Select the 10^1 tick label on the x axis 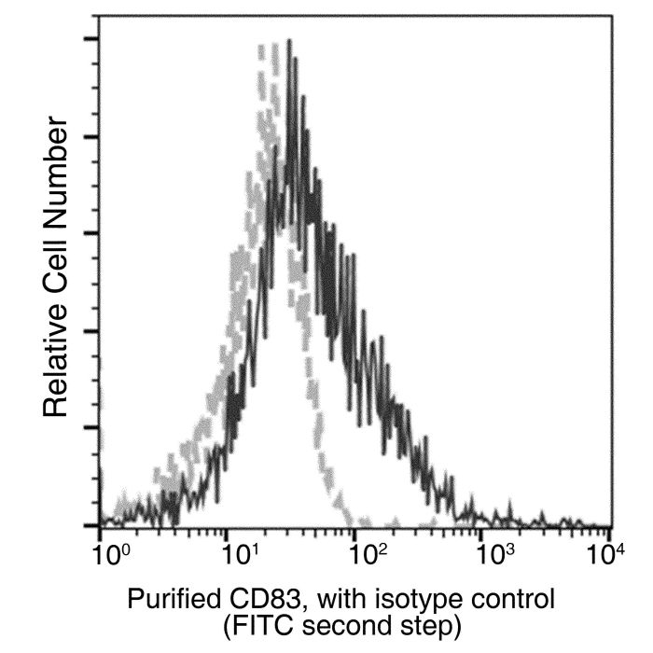(x=241, y=555)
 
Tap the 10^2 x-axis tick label (x=368, y=555)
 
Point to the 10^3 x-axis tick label (x=496, y=555)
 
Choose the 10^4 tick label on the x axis (x=607, y=555)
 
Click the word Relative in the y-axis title (x=55, y=359)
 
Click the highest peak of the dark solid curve (x=289, y=40)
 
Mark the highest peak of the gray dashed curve (x=274, y=45)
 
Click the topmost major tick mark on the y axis (x=91, y=39)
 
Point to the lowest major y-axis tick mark (x=91, y=525)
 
